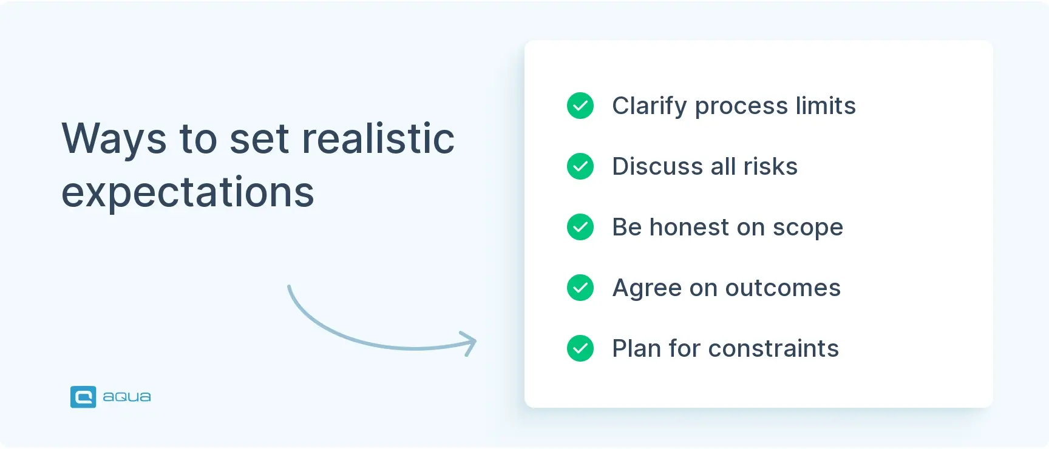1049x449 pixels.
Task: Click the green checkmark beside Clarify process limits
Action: tap(580, 106)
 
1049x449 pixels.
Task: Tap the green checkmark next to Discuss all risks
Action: tap(580, 166)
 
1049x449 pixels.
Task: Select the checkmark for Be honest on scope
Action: tap(580, 227)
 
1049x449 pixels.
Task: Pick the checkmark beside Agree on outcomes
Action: tap(580, 288)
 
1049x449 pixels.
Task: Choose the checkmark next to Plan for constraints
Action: tap(580, 348)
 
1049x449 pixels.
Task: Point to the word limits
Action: tap(826, 106)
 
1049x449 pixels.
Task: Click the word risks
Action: tap(770, 167)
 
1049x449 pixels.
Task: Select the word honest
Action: tap(689, 228)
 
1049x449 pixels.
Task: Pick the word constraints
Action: tap(773, 349)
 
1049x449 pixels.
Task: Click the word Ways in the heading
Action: tap(114, 140)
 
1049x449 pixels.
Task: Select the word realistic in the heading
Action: tap(378, 138)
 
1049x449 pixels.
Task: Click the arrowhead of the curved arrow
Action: tap(469, 343)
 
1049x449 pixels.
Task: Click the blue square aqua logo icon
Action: tap(83, 397)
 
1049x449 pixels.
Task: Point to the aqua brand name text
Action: tap(127, 397)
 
